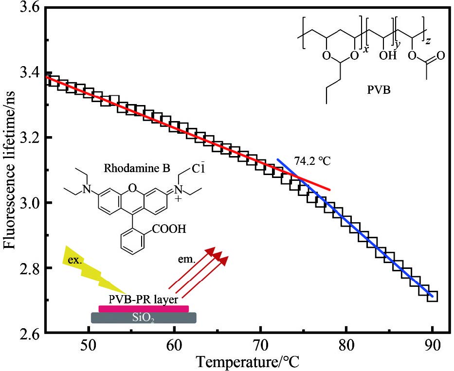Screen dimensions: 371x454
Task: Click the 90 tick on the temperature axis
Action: click(433, 346)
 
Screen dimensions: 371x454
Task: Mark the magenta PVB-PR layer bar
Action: click(144, 308)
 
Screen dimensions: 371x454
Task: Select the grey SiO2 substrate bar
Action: click(144, 318)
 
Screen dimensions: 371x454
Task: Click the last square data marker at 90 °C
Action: click(432, 296)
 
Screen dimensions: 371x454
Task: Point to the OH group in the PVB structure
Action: click(386, 55)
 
